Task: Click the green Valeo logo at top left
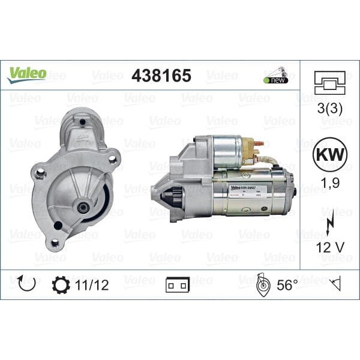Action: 26,73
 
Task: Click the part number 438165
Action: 161,76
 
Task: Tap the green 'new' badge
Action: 275,80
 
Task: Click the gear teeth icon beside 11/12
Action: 61,284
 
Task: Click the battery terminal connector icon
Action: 178,286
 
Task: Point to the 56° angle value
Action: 287,285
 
